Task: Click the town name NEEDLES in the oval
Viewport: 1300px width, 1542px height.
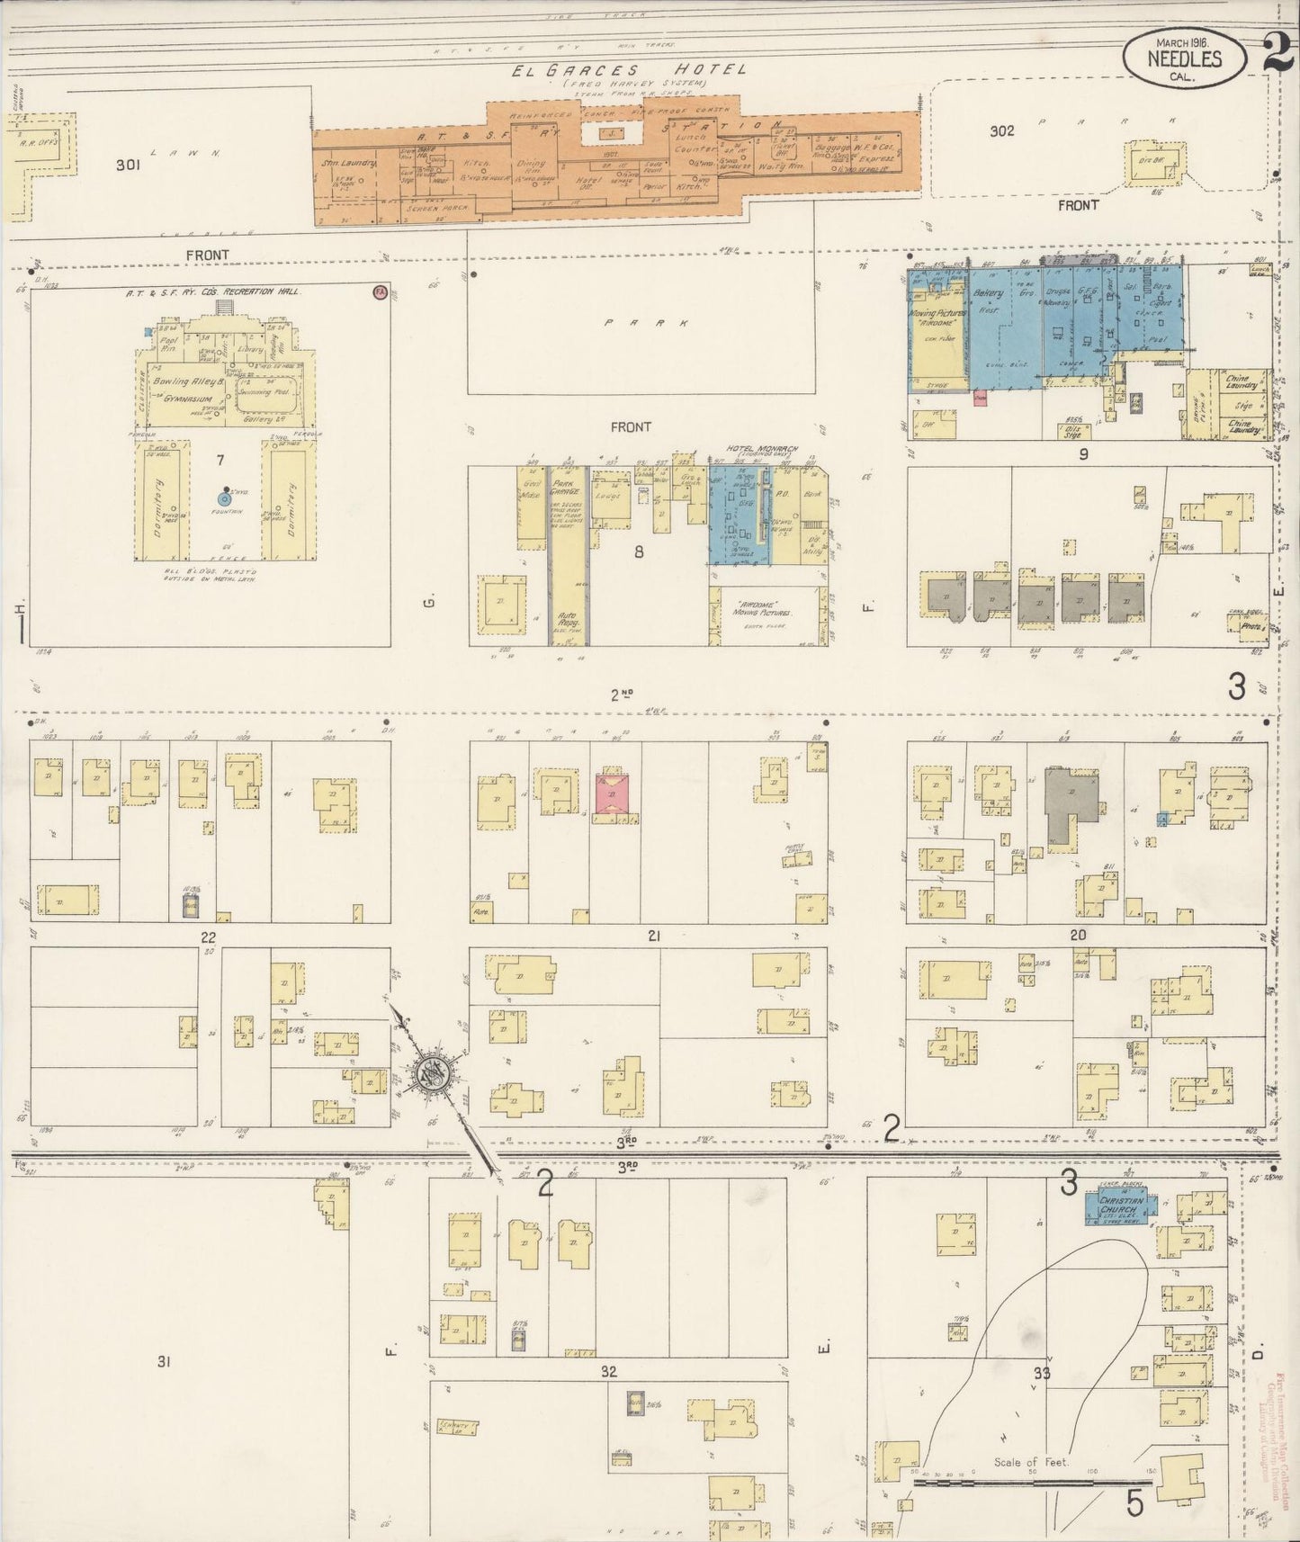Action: click(1183, 58)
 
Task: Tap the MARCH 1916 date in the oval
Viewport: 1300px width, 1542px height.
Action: click(1182, 41)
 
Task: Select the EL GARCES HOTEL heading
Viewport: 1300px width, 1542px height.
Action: click(629, 69)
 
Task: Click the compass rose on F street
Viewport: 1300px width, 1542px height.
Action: click(430, 1074)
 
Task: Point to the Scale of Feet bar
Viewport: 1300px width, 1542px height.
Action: click(1032, 1479)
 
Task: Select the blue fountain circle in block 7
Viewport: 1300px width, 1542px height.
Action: click(225, 498)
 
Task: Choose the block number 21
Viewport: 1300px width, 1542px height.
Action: click(654, 936)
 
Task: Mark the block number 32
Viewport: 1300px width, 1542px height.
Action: click(609, 1371)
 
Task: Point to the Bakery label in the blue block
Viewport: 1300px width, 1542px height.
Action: click(986, 293)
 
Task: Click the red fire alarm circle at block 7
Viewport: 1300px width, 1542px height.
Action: click(380, 292)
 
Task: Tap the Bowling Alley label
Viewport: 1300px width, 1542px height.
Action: click(184, 381)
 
